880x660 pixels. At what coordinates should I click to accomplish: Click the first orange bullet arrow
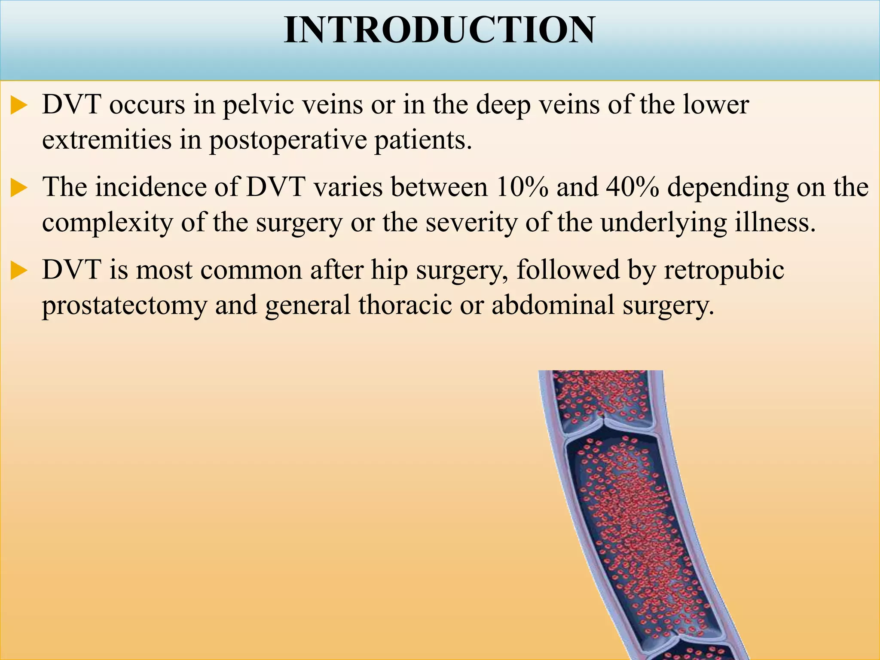[19, 106]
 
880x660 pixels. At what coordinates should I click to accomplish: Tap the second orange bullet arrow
[19, 188]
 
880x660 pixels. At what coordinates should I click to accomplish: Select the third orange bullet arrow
[19, 271]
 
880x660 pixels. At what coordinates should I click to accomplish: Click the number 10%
[522, 187]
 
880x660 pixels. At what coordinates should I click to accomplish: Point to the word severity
[471, 223]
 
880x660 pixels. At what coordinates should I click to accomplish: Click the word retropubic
[724, 271]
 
